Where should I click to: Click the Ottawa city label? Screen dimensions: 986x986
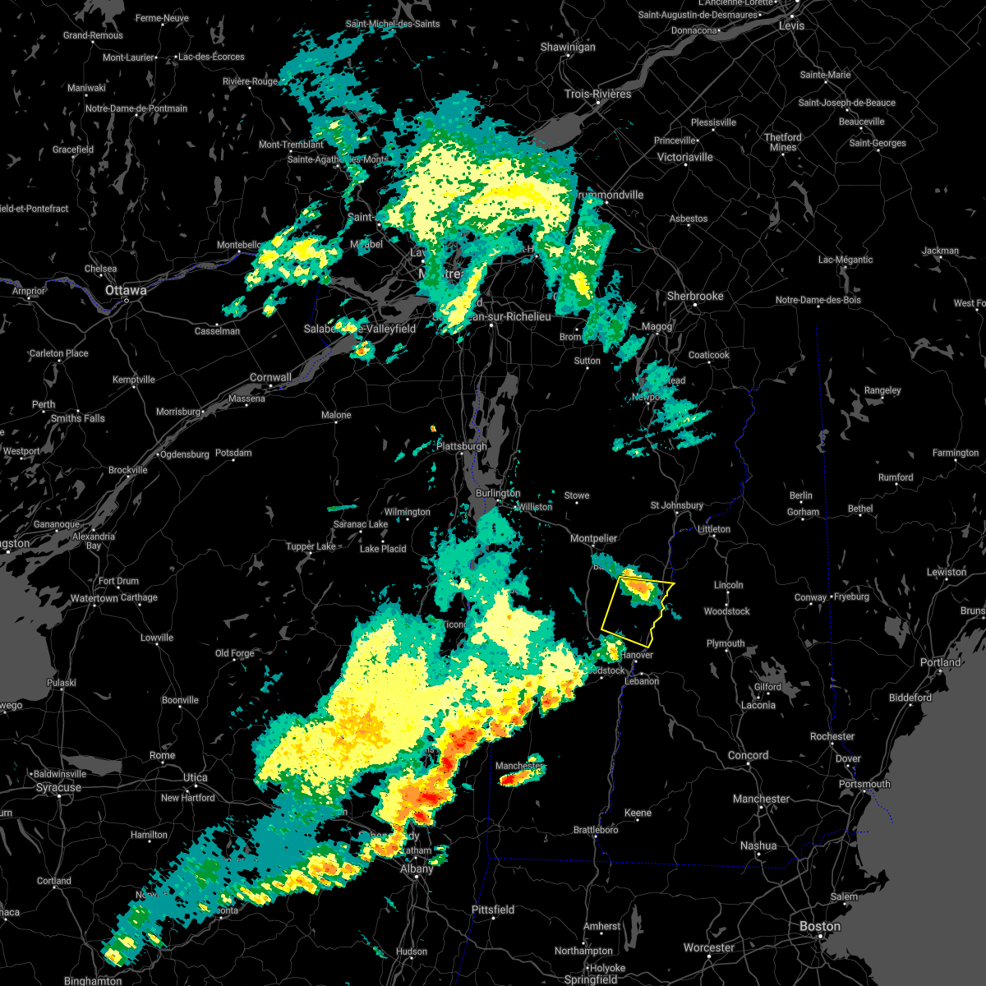click(x=126, y=291)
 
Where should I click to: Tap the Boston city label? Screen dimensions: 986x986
click(x=820, y=926)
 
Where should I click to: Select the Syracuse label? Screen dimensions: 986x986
click(x=58, y=787)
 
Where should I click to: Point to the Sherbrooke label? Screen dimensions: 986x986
click(x=695, y=296)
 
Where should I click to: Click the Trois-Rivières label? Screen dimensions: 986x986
click(x=597, y=94)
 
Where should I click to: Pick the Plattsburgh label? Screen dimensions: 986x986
click(x=461, y=446)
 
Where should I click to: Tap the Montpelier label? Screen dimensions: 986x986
click(x=593, y=538)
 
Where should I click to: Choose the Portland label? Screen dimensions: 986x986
click(x=941, y=662)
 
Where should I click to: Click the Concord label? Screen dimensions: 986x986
click(x=748, y=755)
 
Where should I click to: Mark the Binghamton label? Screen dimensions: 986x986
click(x=93, y=980)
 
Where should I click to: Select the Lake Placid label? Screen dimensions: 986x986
click(x=383, y=548)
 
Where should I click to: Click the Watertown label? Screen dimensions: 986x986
click(x=94, y=598)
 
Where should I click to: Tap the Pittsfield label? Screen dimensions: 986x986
click(x=493, y=910)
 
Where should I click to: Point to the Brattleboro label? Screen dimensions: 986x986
click(x=596, y=830)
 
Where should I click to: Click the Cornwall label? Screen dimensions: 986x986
click(x=270, y=378)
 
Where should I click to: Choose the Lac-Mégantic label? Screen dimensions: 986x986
click(x=845, y=260)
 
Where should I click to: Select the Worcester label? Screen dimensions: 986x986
click(x=709, y=947)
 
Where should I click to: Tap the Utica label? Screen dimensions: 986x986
click(x=196, y=777)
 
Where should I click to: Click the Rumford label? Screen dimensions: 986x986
click(x=896, y=477)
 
